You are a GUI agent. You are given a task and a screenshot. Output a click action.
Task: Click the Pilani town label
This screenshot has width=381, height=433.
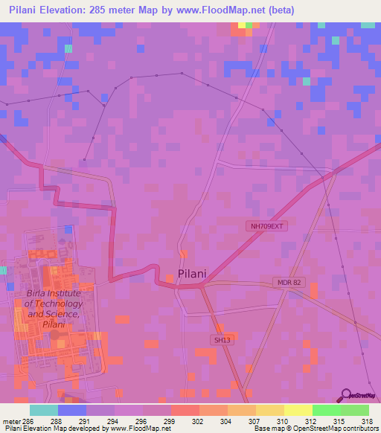pyautogui.click(x=192, y=274)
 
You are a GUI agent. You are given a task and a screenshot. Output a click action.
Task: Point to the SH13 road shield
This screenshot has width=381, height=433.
pyautogui.click(x=216, y=339)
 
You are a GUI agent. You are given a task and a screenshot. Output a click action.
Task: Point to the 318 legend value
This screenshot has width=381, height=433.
pyautogui.click(x=367, y=421)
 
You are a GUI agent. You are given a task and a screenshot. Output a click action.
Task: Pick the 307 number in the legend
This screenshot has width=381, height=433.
pyautogui.click(x=255, y=421)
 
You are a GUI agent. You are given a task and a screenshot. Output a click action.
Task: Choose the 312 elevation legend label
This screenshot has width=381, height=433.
pyautogui.click(x=311, y=421)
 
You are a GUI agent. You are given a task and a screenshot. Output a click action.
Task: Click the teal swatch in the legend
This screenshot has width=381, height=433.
pyautogui.click(x=43, y=410)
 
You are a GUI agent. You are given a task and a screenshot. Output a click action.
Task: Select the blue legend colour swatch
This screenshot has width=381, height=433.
pyautogui.click(x=72, y=410)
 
